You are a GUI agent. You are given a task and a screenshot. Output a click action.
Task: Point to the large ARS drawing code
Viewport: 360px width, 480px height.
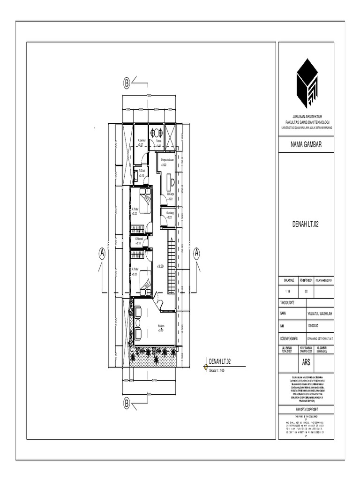pyautogui.click(x=306, y=362)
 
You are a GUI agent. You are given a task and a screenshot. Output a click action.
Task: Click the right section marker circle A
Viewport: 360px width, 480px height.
pyautogui.click(x=197, y=253)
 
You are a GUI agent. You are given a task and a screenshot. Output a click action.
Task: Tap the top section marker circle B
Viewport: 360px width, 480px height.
pyautogui.click(x=127, y=83)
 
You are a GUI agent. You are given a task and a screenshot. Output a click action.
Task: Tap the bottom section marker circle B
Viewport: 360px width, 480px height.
pyautogui.click(x=127, y=403)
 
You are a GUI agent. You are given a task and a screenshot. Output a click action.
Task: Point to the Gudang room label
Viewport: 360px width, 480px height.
pyautogui.click(x=169, y=213)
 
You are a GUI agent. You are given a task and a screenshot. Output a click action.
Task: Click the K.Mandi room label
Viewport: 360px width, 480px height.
pyautogui.click(x=138, y=240)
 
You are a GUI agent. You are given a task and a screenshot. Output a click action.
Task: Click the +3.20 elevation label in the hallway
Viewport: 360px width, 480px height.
pyautogui.click(x=160, y=266)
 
